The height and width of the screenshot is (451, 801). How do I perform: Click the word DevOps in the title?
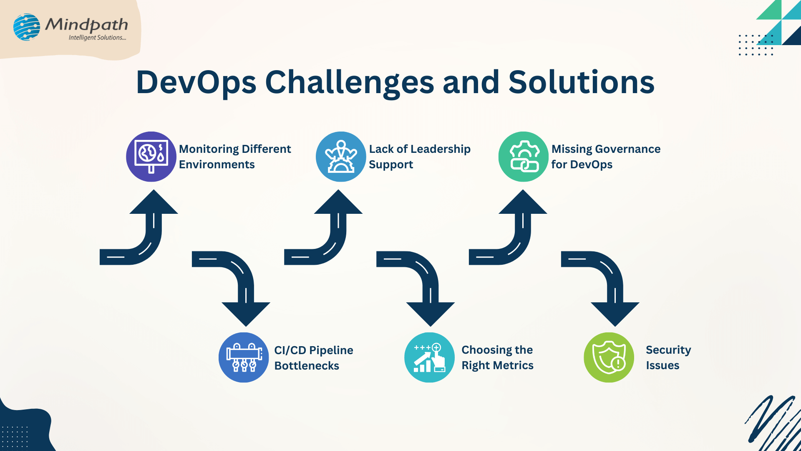[x=196, y=82]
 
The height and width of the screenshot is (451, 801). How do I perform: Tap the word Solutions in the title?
[x=581, y=82]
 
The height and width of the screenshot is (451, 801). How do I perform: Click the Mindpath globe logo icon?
[x=27, y=27]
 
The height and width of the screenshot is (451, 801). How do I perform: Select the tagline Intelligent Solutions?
[x=97, y=38]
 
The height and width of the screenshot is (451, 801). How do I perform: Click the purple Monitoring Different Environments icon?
[x=151, y=157]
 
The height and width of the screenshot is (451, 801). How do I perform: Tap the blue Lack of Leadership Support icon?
[x=341, y=157]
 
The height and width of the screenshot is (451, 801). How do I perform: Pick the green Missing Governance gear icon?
[x=523, y=157]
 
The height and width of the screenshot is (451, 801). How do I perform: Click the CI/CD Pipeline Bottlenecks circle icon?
[x=244, y=357]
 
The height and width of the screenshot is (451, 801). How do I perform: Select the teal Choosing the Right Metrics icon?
[x=429, y=357]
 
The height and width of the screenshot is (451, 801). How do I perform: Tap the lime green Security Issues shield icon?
[x=609, y=357]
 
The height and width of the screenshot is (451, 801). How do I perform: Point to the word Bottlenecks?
[x=307, y=366]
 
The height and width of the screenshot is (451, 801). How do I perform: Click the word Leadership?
[x=441, y=149]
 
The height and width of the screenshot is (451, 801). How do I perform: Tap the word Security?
[x=668, y=350]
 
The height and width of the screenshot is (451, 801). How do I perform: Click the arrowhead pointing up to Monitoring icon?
[x=154, y=203]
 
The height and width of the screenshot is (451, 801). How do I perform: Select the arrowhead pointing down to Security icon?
[x=615, y=313]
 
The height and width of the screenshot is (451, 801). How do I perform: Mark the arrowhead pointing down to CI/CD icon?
[x=246, y=313]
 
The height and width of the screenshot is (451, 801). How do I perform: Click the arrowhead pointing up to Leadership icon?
[x=338, y=203]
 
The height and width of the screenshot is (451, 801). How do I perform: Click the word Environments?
[x=217, y=165]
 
